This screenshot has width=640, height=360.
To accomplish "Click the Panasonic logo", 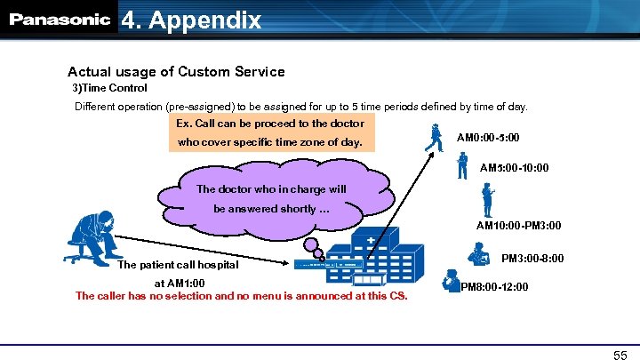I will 60,20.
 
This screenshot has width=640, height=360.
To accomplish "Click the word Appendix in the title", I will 205,20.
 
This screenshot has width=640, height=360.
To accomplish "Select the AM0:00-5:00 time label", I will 488,139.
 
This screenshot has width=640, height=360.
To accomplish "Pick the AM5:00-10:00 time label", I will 514,167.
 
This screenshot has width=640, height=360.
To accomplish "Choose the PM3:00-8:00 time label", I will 531,259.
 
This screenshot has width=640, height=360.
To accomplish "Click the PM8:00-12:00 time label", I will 494,287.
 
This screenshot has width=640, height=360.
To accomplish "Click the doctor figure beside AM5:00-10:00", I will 461,165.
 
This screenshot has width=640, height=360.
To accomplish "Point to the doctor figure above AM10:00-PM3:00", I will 487,199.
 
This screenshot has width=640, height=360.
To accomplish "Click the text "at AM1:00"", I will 180,283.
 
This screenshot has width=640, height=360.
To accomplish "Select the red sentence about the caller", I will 241,295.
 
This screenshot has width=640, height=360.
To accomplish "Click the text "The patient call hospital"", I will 179,264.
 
